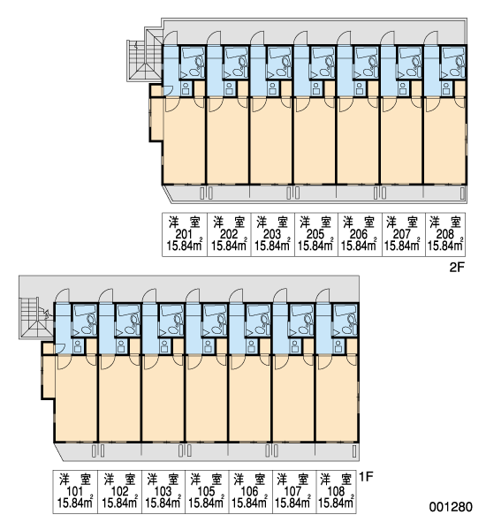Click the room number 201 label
coord(184,234)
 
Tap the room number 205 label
coord(315,234)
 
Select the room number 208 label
coord(445,234)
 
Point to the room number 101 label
coord(75,491)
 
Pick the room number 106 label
coord(249,491)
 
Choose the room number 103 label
coord(163,491)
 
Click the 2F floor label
coord(457,268)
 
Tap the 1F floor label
coord(366,477)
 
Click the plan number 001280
coord(451,507)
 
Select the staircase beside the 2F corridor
coord(145,56)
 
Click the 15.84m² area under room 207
coord(402,246)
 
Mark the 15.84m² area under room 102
coord(119,503)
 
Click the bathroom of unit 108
coord(345,320)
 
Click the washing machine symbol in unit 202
coord(229,89)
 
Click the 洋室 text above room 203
coord(272,222)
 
